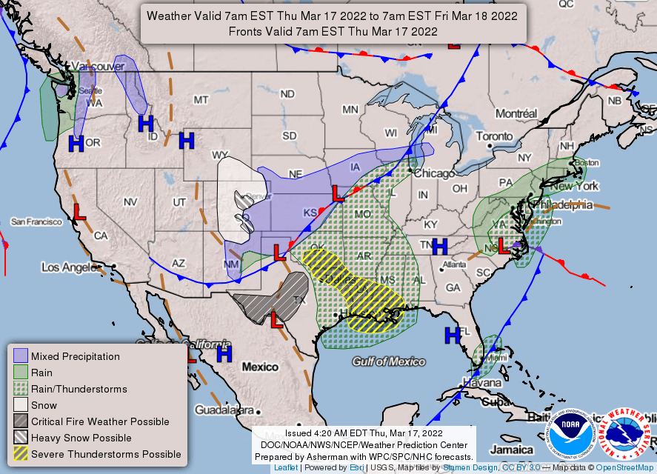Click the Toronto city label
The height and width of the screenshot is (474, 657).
[x=493, y=136]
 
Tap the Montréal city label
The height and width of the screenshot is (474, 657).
[x=516, y=114]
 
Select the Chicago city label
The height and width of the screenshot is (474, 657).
[x=434, y=173]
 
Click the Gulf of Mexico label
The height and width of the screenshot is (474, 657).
[x=389, y=361]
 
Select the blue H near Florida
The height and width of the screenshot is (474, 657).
[x=452, y=336]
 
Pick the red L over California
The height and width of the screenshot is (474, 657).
[x=79, y=212]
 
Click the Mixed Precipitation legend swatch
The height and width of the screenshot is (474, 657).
[x=21, y=356]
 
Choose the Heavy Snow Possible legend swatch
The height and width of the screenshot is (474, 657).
[x=21, y=438]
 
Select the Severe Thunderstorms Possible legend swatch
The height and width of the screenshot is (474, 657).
[x=21, y=454]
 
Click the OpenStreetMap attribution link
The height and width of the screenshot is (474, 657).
[x=624, y=468]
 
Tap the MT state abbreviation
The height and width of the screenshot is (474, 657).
[x=201, y=100]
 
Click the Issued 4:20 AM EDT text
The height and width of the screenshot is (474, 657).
[x=363, y=433]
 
